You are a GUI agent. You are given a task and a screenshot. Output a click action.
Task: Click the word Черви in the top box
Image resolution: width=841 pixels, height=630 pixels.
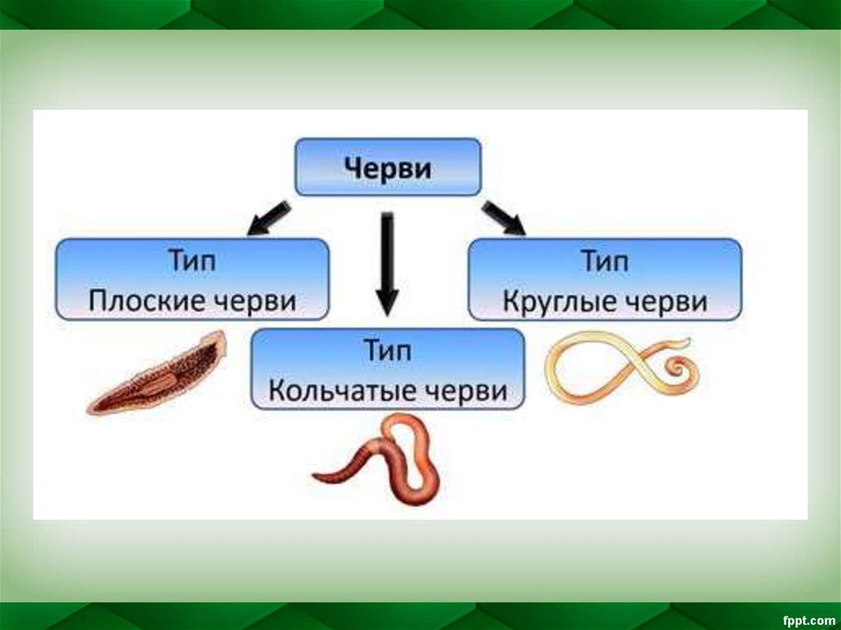[x=388, y=168]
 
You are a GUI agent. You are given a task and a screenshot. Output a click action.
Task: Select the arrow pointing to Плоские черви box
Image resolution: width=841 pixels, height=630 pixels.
[x=269, y=217]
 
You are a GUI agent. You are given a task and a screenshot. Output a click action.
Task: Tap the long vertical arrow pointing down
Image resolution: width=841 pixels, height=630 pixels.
[x=387, y=264]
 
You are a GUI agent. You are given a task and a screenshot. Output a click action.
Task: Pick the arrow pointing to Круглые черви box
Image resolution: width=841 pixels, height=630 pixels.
[x=503, y=218]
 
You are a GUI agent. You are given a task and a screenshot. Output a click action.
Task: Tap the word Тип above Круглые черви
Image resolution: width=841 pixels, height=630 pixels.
[x=605, y=262]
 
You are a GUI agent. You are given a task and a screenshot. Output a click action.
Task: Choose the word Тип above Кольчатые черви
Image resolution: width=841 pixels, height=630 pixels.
[x=387, y=352]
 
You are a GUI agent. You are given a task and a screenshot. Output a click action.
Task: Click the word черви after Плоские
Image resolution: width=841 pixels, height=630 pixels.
[x=256, y=301]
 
